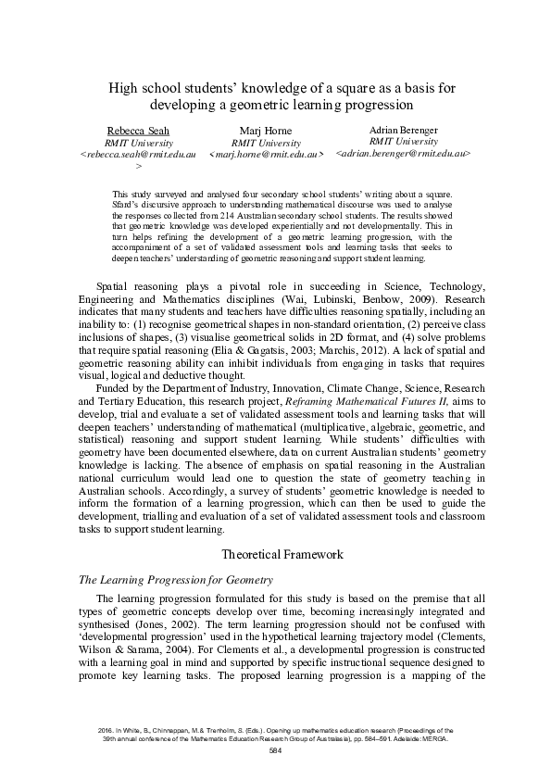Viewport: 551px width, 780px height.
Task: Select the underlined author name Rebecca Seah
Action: [x=138, y=130]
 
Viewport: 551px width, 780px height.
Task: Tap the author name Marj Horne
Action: [x=265, y=131]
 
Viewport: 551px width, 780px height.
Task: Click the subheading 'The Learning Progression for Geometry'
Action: [x=176, y=580]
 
